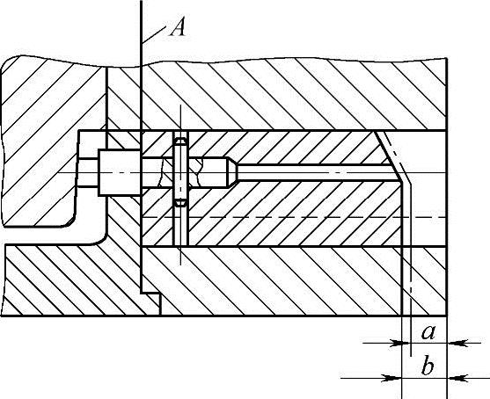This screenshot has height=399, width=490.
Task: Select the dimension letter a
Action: point(428,332)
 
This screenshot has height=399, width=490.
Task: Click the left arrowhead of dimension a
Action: point(394,343)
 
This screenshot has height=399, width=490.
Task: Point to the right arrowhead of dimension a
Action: point(455,343)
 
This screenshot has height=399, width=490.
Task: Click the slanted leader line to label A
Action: point(153,34)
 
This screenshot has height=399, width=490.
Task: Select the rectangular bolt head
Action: point(120,173)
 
